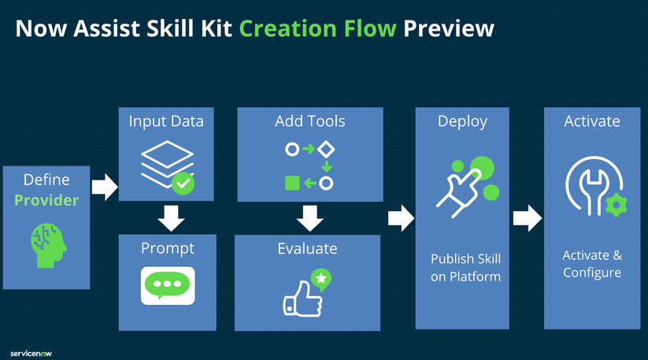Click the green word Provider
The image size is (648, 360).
pyautogui.click(x=47, y=200)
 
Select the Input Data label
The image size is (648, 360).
pyautogui.click(x=166, y=121)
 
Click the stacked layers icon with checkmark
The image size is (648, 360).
pyautogui.click(x=167, y=166)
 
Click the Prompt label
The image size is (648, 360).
pyautogui.click(x=167, y=248)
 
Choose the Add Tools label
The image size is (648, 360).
pyautogui.click(x=309, y=121)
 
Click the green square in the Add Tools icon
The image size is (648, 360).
pyautogui.click(x=291, y=183)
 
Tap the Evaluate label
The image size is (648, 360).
pyautogui.click(x=307, y=248)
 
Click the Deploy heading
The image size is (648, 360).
pyautogui.click(x=462, y=121)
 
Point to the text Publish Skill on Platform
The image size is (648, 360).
pyautogui.click(x=465, y=267)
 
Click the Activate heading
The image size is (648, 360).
pyautogui.click(x=591, y=121)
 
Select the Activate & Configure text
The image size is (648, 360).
pyautogui.click(x=591, y=264)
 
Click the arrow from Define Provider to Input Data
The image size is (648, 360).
pyautogui.click(x=104, y=187)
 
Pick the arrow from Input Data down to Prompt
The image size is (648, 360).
pyautogui.click(x=167, y=216)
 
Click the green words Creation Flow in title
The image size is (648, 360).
pyautogui.click(x=318, y=28)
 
